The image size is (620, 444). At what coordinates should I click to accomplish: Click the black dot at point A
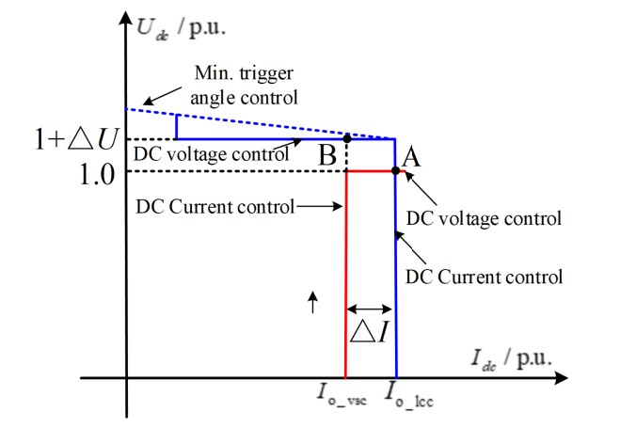tap(395, 170)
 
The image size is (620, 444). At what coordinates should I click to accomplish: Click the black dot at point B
tap(348, 138)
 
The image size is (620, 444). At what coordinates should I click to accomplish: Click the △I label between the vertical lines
tap(370, 332)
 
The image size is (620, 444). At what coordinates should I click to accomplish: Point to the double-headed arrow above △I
tap(371, 309)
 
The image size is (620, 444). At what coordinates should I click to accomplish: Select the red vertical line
tap(347, 282)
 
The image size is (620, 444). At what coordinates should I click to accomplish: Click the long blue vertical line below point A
tap(395, 282)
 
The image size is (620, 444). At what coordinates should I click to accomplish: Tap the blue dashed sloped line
tap(254, 123)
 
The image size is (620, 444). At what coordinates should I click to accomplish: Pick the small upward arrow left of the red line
tap(313, 300)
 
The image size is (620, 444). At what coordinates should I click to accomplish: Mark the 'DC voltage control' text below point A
tap(483, 218)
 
